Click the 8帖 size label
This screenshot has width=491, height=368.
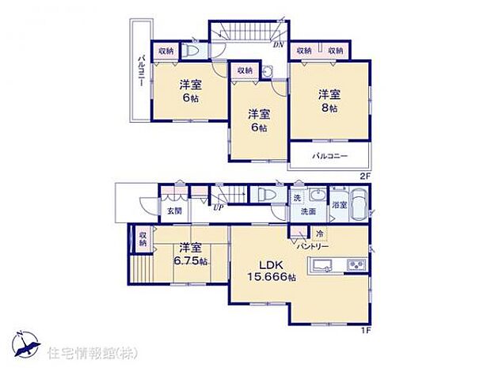329,108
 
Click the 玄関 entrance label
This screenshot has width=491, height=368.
174,211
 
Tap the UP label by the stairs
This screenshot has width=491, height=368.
217,207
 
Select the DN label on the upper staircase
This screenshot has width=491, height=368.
279,44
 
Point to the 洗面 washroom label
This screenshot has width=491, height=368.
307,212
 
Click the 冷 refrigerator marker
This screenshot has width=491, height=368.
320,234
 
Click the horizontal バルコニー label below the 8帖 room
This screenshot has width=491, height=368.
329,156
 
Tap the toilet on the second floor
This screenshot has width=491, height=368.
193,50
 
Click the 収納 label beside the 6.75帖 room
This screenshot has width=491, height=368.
143,240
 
